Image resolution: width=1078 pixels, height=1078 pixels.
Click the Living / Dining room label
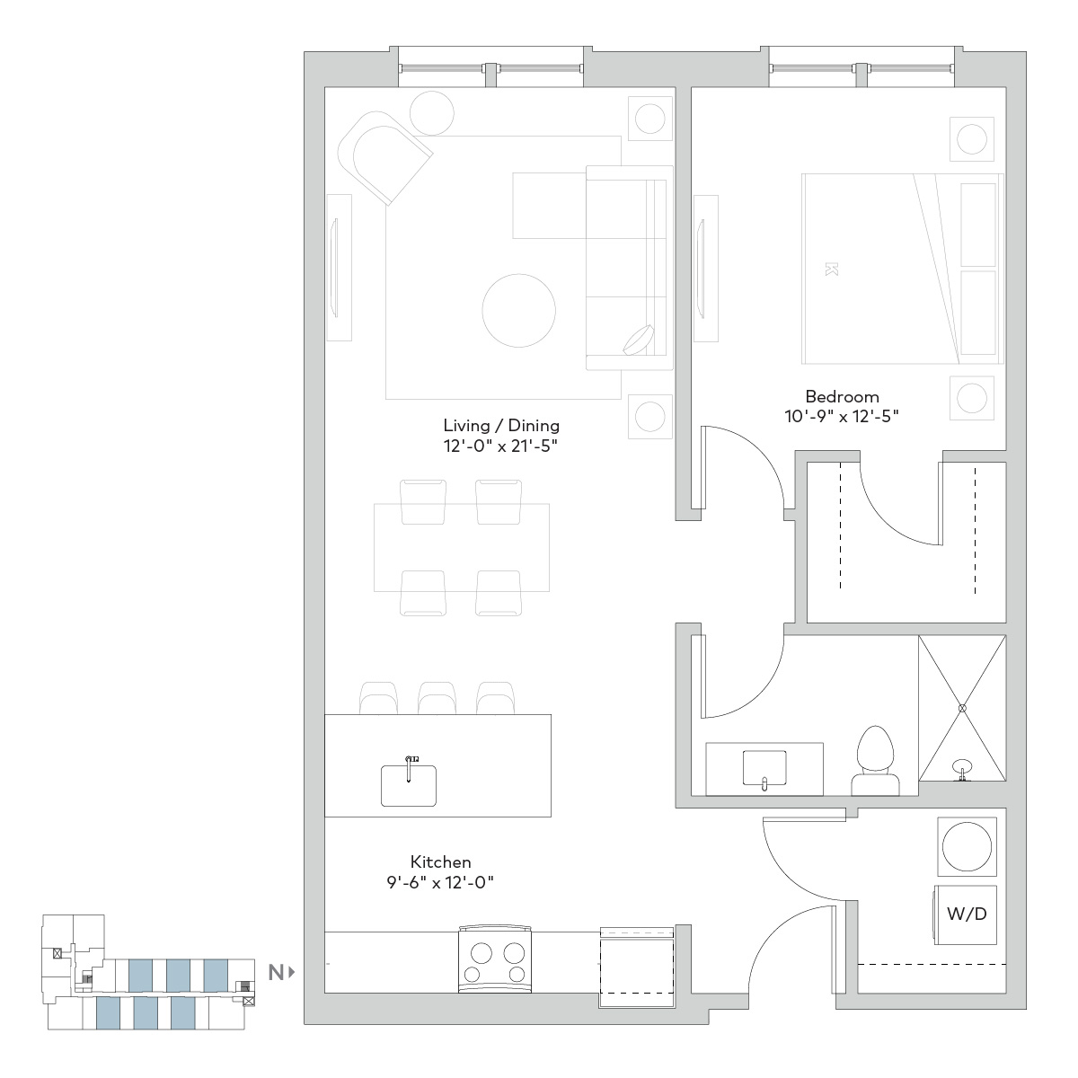pos(501,426)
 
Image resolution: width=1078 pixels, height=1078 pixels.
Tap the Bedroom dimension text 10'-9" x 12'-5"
pos(842,416)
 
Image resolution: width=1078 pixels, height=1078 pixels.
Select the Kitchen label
pos(441,862)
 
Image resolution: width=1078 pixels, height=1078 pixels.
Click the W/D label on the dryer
pos(967,915)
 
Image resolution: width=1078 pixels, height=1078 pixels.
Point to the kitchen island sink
pos(409,785)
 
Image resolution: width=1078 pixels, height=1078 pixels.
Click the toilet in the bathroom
pos(876,760)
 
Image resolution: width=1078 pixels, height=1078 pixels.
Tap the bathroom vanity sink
pos(764,768)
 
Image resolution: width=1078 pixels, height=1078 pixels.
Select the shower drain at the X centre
pos(962,708)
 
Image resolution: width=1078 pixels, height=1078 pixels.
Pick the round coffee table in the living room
pos(518,311)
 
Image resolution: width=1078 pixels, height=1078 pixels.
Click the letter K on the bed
pos(831,269)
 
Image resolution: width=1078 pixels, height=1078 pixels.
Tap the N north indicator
pos(281,973)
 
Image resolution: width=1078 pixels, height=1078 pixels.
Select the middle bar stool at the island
pos(437,698)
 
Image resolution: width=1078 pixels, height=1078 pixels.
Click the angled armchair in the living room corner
pos(384,158)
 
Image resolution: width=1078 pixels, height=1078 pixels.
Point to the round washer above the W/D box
pos(967,846)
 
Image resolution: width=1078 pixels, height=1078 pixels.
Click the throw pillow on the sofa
pos(639,340)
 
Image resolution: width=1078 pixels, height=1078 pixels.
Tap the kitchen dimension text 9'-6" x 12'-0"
pos(440,882)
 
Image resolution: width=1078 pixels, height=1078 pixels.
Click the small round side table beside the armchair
pos(431,113)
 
